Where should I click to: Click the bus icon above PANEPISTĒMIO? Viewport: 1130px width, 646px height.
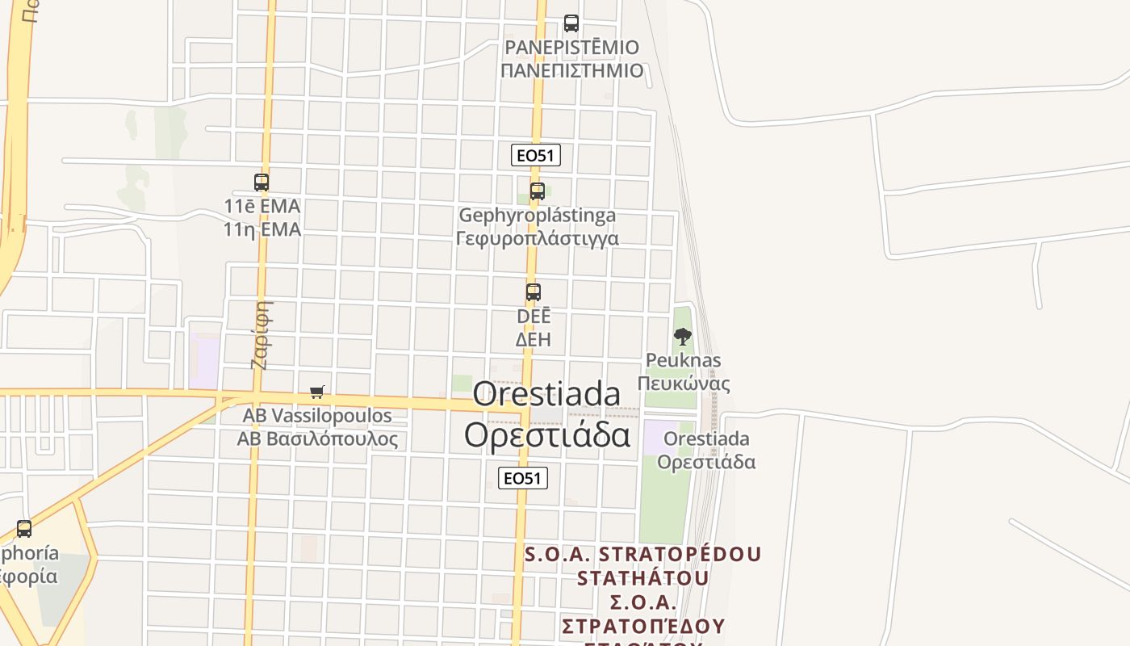point(571,23)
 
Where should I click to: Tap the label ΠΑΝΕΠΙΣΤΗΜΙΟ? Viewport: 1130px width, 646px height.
point(571,70)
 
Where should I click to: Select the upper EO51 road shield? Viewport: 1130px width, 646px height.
point(536,155)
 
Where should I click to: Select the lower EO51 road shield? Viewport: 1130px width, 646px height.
point(523,478)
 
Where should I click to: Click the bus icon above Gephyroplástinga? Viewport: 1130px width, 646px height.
point(538,191)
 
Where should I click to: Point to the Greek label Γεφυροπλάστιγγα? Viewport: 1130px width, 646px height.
point(538,238)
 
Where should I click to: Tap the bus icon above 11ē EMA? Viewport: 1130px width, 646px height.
point(262,182)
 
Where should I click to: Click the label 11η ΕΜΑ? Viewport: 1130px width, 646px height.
point(262,230)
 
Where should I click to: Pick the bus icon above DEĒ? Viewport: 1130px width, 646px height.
point(534,292)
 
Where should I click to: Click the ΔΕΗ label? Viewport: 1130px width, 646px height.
point(534,339)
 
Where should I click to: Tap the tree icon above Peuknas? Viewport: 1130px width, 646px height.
point(683,337)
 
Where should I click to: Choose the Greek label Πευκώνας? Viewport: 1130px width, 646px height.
point(684,383)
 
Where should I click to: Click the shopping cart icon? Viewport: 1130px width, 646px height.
point(317,392)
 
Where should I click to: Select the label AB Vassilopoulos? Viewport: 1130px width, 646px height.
point(317,416)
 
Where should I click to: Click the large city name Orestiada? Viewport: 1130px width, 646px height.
point(546,394)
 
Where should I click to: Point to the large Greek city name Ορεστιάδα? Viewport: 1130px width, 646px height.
point(546,434)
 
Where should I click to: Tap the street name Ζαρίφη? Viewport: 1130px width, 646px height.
point(259,334)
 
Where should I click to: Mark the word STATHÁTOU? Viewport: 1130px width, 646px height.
point(643,578)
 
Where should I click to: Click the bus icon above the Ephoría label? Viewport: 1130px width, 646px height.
point(24,529)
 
